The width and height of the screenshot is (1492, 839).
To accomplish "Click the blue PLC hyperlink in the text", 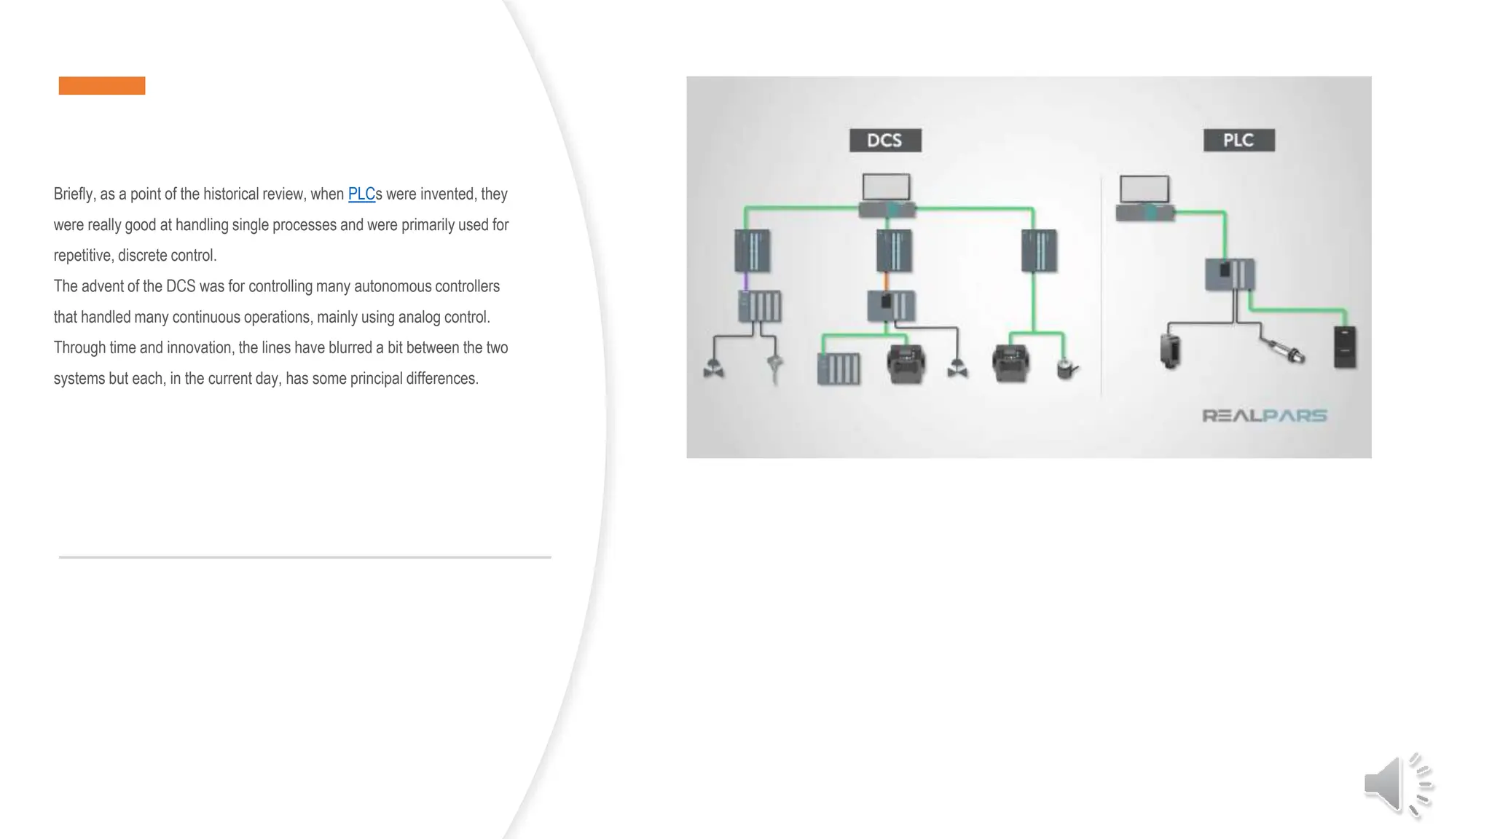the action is [x=361, y=194].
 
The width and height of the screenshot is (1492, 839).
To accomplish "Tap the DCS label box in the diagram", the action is [x=885, y=140].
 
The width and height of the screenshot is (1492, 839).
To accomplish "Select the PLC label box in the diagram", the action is [x=1238, y=140].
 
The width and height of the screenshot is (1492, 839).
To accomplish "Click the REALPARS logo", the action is [x=1264, y=415].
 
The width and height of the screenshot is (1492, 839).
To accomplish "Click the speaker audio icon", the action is [x=1397, y=785].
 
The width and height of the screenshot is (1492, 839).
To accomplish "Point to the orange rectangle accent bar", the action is [x=102, y=85].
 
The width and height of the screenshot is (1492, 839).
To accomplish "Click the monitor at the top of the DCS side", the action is [x=886, y=186].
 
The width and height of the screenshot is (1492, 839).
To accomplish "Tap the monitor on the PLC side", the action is [x=1144, y=189].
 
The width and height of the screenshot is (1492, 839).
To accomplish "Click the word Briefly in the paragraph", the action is [x=74, y=194].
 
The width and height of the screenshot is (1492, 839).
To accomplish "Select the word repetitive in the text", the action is [x=82, y=256].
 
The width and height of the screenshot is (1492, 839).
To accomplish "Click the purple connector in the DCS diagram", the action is [x=745, y=281].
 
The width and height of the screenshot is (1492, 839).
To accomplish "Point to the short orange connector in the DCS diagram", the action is [x=886, y=281].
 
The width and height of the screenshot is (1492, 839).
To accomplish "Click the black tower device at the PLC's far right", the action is [x=1345, y=347].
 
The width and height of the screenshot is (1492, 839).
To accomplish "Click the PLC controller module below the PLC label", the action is [x=1230, y=275].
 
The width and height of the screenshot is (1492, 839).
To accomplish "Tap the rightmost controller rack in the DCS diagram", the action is [x=1039, y=251].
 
